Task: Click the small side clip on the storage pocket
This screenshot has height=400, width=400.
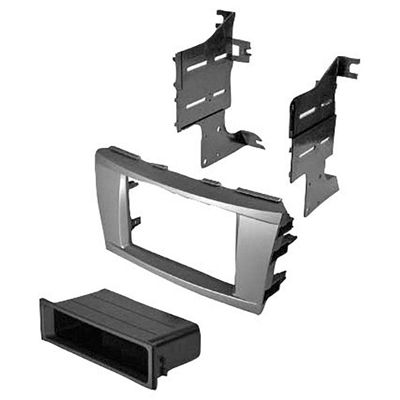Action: [x=162, y=366]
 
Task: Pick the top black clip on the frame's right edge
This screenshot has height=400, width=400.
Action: [x=286, y=219]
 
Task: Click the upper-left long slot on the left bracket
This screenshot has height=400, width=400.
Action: [x=197, y=66]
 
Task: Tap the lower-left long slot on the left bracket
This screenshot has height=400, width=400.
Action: [x=194, y=104]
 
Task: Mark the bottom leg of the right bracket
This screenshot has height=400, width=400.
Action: [x=314, y=200]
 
